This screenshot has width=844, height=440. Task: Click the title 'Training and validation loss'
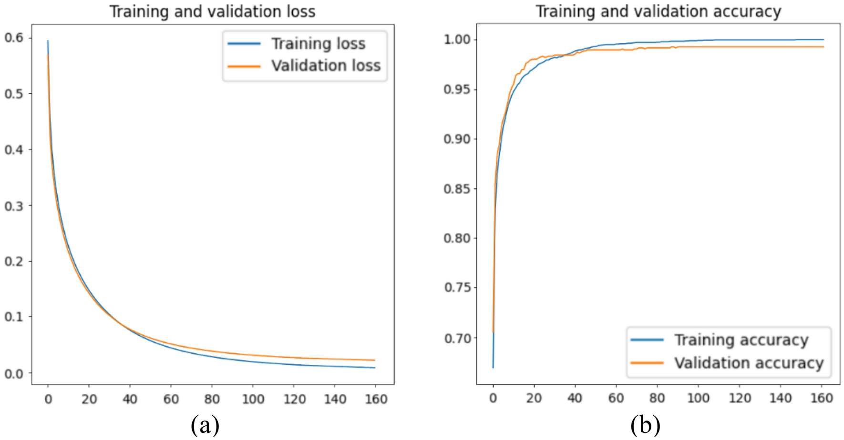pos(212,11)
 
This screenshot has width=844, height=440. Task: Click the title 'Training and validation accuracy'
pos(658,11)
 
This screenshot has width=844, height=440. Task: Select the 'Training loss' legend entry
pos(318,44)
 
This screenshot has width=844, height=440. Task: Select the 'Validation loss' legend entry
pos(326,66)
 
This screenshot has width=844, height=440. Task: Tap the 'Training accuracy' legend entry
pos(741,340)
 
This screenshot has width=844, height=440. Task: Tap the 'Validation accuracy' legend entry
pos(749,363)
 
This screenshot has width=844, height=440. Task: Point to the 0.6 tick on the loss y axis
pos(14,38)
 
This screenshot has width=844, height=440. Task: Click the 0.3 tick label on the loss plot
pos(14,206)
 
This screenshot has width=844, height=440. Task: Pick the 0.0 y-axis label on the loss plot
pos(14,373)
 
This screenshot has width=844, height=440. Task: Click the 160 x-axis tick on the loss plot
pos(376,399)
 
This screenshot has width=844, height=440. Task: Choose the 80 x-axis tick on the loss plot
pos(212,399)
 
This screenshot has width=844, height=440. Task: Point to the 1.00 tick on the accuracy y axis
pos(457,40)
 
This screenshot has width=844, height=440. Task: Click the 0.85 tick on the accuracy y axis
pos(457,189)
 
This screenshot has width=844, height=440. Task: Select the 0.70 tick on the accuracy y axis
pos(457,339)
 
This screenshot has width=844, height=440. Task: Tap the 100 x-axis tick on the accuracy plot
pos(698,398)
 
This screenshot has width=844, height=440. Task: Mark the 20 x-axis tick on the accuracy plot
pos(534,398)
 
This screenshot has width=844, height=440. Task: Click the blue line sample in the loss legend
pos(244,44)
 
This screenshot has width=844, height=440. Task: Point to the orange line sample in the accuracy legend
pos(647,363)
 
